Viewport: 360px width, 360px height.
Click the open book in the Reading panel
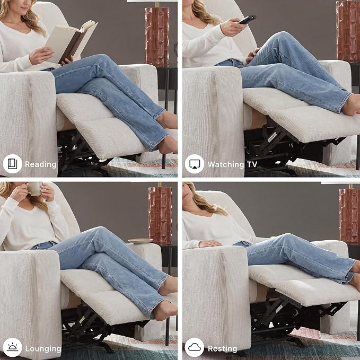pos(71,41)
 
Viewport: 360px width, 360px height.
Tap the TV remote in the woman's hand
pos(247,20)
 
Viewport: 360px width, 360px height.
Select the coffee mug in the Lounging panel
pos(34,189)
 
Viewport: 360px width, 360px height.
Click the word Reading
pos(41,164)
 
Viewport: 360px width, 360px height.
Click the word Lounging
pos(43,348)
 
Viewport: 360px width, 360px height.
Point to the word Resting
pos(222,349)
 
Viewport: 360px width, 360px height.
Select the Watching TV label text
pos(232,164)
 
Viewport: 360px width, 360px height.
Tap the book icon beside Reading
pos(12,164)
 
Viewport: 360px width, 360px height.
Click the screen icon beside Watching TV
pos(195,164)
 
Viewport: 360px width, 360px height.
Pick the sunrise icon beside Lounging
pos(12,348)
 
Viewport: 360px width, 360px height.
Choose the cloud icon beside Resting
pos(195,348)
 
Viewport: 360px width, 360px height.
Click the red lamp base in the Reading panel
pos(157,37)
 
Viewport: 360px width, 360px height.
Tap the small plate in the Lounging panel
pos(141,241)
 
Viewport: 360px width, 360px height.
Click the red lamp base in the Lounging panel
pos(160,215)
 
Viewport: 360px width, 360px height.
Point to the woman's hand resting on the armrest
pos(210,243)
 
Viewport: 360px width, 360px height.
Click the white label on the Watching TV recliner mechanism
pos(272,137)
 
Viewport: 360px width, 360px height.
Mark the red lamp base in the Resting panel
pos(349,216)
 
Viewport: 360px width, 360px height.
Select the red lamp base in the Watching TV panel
pos(348,31)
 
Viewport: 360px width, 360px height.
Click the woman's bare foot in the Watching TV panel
pos(351,105)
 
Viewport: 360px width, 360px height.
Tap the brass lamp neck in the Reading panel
pos(157,4)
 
